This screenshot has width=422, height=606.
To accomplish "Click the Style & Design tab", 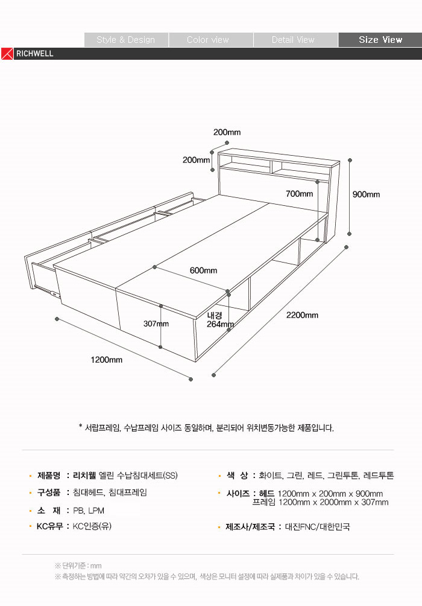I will (126, 40).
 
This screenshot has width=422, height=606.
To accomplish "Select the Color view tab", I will (208, 40).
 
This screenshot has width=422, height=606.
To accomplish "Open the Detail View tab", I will (293, 40).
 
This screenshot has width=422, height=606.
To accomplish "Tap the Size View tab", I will (380, 40).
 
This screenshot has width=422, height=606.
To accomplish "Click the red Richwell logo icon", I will (7, 53).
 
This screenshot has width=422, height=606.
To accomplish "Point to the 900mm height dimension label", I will (367, 194).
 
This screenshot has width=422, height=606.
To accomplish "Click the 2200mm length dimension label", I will (303, 315).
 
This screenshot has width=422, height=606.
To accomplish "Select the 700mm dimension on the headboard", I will (300, 194).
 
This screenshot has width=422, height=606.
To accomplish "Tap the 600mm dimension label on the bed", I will (203, 270).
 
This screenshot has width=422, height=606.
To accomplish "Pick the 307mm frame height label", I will (156, 324).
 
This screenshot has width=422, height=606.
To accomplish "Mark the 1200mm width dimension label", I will (107, 360).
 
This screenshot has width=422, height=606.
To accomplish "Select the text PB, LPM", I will (89, 511).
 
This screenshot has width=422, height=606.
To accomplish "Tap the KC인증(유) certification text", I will (92, 526).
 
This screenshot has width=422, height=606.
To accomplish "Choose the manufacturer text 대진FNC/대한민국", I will (317, 527).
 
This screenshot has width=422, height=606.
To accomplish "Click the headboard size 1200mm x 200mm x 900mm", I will (330, 494).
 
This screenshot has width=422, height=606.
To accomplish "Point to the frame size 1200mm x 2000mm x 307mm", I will (321, 502).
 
